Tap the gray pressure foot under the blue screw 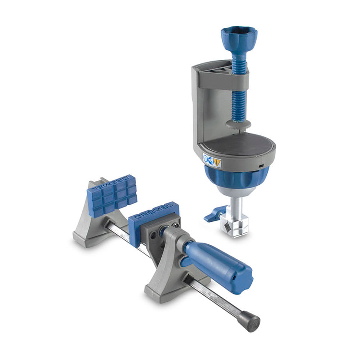point(238,125)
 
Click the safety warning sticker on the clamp point(212,161)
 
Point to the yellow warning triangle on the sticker point(217,163)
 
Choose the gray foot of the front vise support point(169,288)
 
